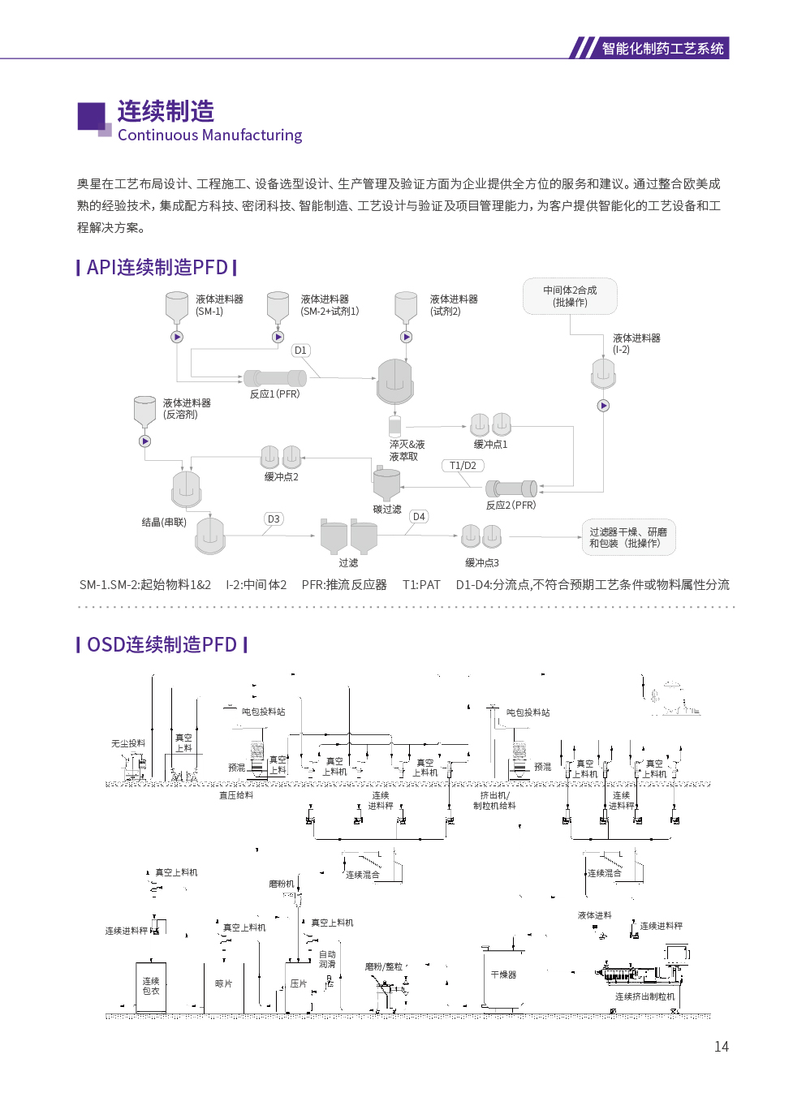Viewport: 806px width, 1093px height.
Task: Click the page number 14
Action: [x=721, y=1047]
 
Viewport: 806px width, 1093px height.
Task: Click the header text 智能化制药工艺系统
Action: [x=662, y=49]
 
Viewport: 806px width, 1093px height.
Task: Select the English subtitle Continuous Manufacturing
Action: [x=209, y=136]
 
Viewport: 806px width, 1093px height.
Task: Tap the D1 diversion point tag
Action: [x=300, y=351]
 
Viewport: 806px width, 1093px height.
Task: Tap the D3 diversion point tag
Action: [x=274, y=519]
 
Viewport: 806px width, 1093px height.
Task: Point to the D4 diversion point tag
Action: [x=419, y=517]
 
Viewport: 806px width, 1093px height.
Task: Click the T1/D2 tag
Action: [x=463, y=466]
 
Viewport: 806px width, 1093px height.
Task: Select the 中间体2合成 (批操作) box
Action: [x=570, y=296]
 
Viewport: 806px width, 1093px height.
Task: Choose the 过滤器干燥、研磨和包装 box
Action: [x=628, y=538]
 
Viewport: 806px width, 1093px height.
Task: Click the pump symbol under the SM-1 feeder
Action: [x=177, y=337]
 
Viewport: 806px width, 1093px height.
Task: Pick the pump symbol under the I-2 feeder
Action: [x=603, y=406]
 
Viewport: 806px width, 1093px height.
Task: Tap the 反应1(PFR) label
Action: [x=274, y=394]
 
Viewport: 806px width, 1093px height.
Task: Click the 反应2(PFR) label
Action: [x=511, y=506]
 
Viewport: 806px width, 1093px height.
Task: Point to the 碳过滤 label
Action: [x=387, y=510]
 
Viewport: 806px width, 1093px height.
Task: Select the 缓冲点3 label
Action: [x=481, y=563]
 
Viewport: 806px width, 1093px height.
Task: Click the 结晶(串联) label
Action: [x=164, y=523]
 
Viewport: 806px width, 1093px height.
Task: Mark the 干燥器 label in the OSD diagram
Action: [x=503, y=975]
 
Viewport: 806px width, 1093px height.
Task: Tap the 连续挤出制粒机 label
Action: [x=644, y=996]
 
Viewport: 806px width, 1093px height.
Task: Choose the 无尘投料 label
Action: [x=128, y=743]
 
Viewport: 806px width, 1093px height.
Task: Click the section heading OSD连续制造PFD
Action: [x=162, y=645]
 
